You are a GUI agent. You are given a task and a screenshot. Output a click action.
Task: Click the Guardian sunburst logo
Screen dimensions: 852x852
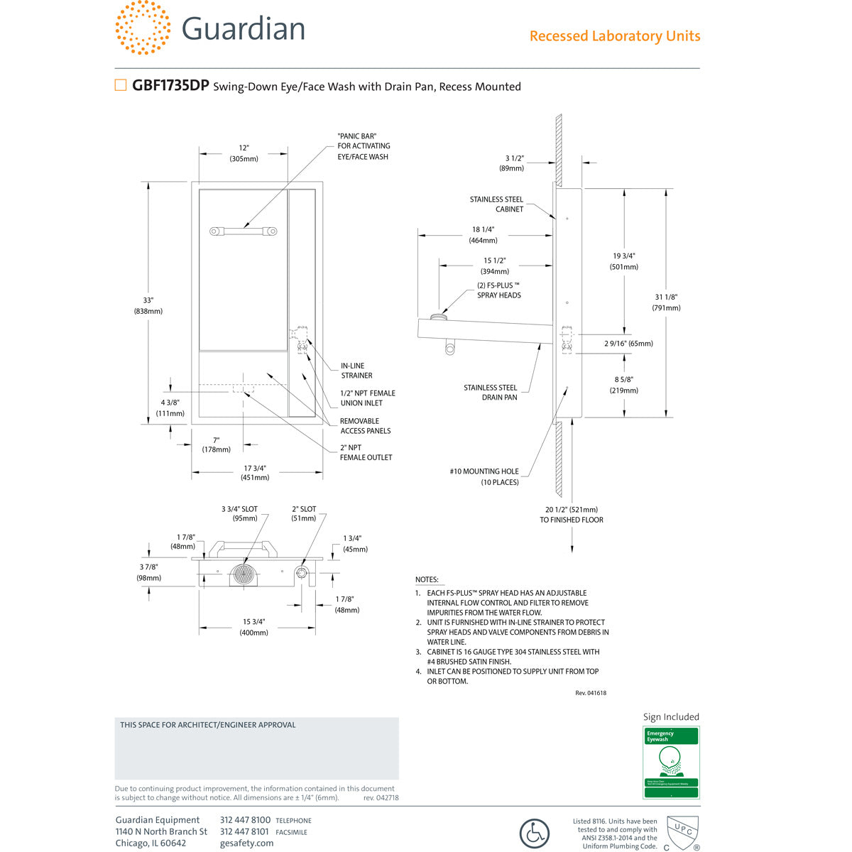tap(142, 27)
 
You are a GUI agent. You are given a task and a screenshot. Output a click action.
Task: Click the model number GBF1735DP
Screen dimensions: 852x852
tap(170, 86)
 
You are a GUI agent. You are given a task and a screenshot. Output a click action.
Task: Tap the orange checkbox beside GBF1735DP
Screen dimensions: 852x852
tap(121, 86)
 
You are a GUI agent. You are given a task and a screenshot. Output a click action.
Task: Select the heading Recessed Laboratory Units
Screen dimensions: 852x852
tap(614, 36)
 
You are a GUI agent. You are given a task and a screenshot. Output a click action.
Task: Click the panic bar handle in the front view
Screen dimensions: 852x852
tap(243, 231)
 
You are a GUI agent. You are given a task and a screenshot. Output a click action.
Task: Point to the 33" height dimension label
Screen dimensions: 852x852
tap(148, 305)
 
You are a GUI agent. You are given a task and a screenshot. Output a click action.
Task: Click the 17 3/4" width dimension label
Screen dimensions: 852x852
tap(255, 472)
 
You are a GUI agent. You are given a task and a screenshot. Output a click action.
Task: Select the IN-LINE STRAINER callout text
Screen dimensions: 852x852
tap(356, 371)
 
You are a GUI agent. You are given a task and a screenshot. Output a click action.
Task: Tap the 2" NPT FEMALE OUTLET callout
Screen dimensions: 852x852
tap(366, 452)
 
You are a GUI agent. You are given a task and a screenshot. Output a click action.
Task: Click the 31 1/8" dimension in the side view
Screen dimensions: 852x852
tap(666, 302)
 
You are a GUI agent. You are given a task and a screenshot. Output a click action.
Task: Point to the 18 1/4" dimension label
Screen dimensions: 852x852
tap(483, 235)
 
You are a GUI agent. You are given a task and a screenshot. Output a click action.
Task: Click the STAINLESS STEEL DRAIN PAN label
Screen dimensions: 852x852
tap(491, 393)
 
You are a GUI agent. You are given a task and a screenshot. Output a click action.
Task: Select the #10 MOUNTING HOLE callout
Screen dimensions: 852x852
tap(484, 476)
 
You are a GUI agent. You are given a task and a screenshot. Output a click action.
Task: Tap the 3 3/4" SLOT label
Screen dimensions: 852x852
tap(239, 513)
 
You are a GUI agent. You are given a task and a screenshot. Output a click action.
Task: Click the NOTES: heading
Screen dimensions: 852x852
tap(427, 580)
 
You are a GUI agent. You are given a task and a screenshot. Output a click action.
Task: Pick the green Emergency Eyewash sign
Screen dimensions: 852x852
tap(671, 762)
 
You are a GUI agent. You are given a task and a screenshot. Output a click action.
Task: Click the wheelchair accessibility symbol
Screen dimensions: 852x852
tap(534, 834)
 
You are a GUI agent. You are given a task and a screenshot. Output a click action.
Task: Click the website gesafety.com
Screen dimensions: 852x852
tap(246, 843)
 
